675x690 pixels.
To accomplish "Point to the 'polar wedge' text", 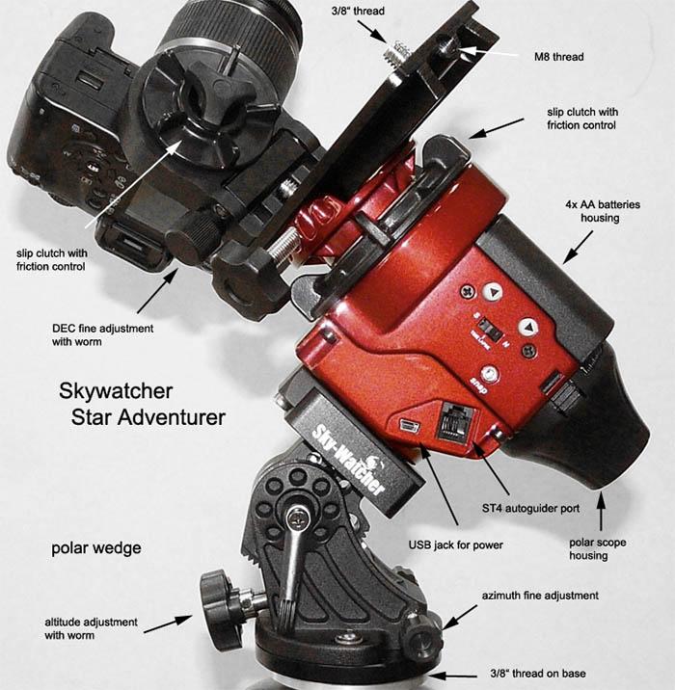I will (x=96, y=548).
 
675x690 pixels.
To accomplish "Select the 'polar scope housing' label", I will (x=599, y=549).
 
